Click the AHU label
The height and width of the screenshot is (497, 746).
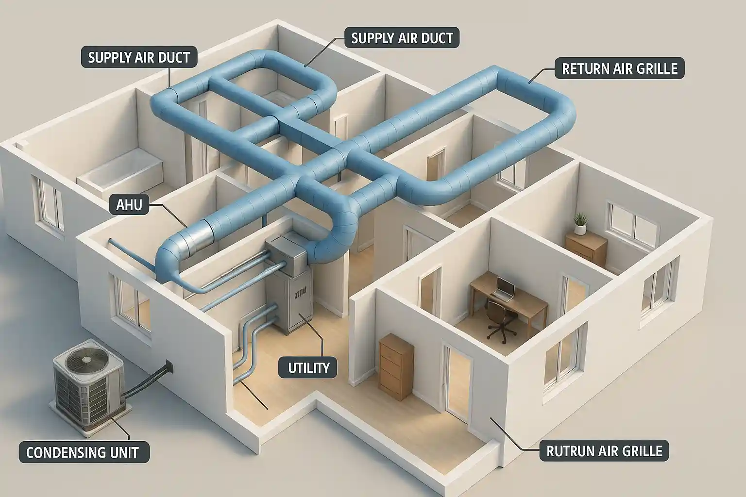[x=130, y=205]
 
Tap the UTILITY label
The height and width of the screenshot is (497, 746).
[x=309, y=368]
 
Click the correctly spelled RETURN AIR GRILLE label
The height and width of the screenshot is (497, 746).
[x=619, y=68]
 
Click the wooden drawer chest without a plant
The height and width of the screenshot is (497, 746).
[x=396, y=367]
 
